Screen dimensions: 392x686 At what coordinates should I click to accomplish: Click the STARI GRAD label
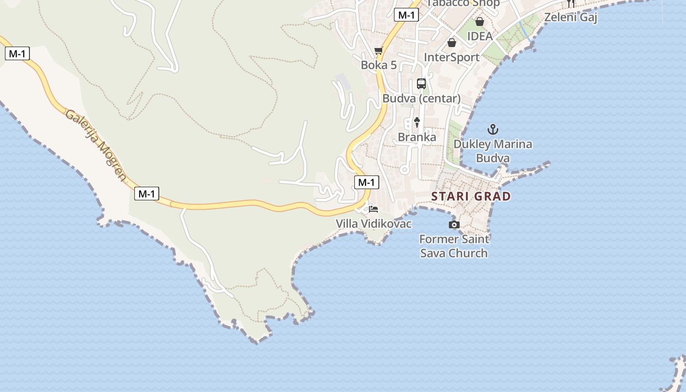coord(471,196)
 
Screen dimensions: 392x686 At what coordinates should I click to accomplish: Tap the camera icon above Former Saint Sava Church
coord(454,224)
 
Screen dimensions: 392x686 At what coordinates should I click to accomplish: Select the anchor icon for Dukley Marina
coord(493,130)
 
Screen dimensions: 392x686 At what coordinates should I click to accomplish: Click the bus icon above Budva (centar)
coord(421,84)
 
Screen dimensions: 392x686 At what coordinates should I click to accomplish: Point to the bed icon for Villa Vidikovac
coord(373,210)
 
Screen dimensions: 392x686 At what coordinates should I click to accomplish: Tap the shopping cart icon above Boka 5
coord(378,51)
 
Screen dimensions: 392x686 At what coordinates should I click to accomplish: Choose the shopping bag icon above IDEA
coord(480,22)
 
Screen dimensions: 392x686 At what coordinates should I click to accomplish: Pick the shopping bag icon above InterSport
coord(452,43)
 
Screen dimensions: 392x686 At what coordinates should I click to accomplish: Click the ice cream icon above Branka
coord(417,122)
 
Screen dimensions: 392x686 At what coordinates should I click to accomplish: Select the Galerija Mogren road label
coord(96,145)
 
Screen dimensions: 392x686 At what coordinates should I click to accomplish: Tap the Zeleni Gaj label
coord(571,18)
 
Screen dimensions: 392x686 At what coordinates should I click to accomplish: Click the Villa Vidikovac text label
coord(373,224)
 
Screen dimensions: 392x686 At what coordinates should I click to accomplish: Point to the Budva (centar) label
coord(421,98)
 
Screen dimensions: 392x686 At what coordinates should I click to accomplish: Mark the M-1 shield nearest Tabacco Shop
coord(406,15)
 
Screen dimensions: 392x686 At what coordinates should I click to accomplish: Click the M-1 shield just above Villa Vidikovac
coord(367,182)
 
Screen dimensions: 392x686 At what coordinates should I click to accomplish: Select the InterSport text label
coord(451,57)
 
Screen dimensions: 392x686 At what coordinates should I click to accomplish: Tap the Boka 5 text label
coord(378,65)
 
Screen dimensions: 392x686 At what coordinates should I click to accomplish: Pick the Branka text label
coord(417,137)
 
